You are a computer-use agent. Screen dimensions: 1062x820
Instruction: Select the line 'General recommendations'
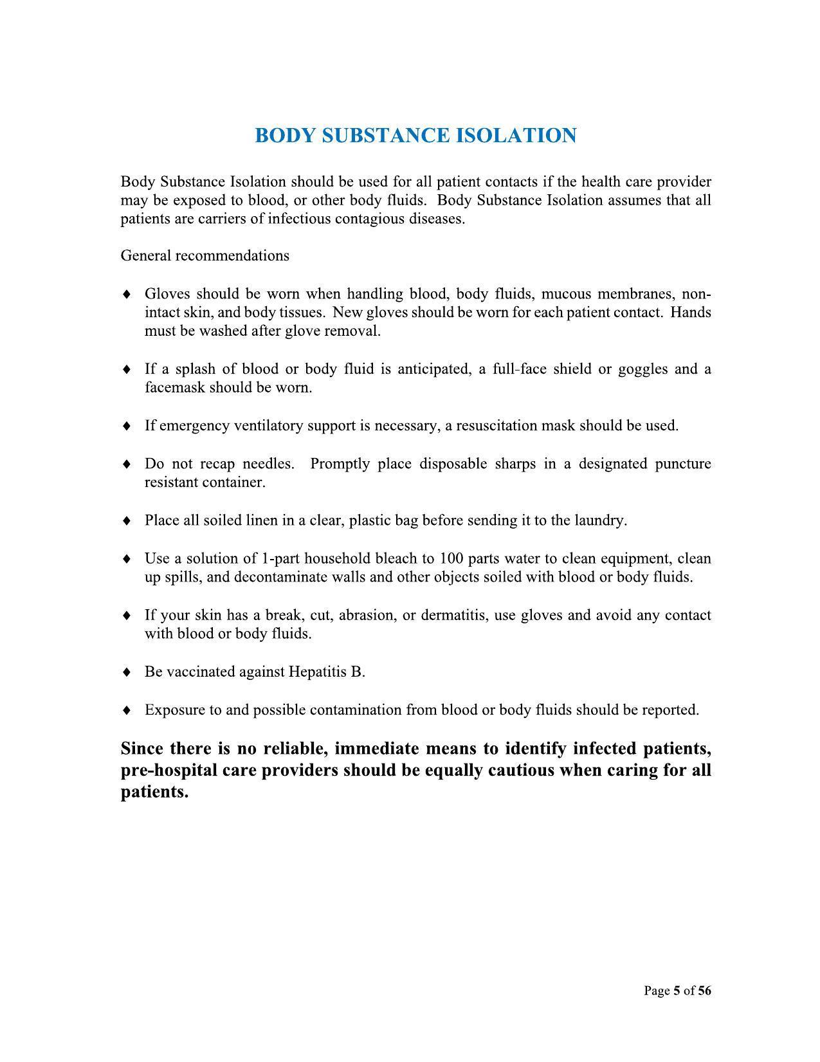tap(205, 256)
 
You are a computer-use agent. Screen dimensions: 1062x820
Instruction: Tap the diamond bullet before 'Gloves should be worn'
tap(127, 295)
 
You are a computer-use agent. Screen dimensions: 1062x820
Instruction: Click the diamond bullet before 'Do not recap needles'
tap(127, 464)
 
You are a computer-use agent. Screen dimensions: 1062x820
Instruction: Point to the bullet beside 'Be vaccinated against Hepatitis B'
tap(127, 672)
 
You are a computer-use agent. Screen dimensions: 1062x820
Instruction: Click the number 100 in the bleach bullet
tap(451, 558)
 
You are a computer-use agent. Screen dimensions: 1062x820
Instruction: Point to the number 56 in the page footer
tap(704, 991)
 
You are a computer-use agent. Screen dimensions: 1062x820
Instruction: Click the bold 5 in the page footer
tap(677, 991)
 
